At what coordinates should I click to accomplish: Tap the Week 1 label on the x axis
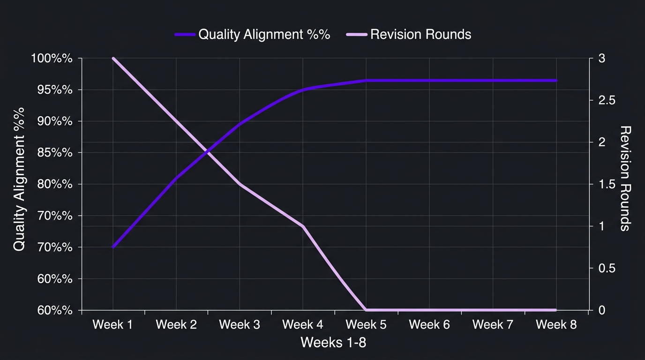click(x=112, y=325)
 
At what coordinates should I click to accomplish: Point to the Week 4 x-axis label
click(x=303, y=325)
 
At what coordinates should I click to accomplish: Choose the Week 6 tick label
click(x=429, y=325)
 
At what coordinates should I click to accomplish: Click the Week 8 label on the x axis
click(x=556, y=325)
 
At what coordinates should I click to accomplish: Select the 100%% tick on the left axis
click(x=52, y=59)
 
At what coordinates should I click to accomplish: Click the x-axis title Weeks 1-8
click(x=333, y=343)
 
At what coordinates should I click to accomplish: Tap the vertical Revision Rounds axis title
click(x=625, y=178)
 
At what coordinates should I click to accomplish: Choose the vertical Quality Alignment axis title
click(x=19, y=179)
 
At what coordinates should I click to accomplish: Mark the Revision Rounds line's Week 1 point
click(x=113, y=59)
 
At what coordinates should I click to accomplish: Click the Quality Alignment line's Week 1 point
click(x=113, y=247)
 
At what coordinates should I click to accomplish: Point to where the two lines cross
click(x=207, y=151)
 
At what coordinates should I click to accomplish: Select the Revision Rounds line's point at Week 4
click(x=303, y=226)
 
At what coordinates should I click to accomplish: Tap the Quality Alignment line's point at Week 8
click(x=556, y=81)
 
